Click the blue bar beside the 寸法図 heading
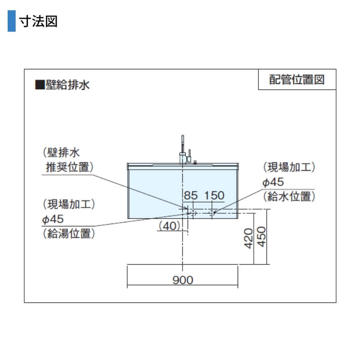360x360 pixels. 12,21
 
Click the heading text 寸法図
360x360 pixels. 38,21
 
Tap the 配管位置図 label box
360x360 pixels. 297,80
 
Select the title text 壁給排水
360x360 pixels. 67,85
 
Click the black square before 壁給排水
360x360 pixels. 40,85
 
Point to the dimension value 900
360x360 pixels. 183,280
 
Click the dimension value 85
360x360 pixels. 191,195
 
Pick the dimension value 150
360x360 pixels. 214,195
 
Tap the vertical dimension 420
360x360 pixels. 248,238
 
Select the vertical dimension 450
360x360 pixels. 261,237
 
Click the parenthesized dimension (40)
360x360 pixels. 170,226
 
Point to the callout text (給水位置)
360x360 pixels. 289,197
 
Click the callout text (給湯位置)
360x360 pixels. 69,234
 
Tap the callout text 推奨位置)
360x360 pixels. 70,167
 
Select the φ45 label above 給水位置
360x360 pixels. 273,182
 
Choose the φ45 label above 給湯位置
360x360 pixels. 53,219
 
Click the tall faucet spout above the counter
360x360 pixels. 183,144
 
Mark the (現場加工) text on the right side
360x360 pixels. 289,167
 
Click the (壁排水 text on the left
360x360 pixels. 61,153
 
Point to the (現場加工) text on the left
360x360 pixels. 69,204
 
